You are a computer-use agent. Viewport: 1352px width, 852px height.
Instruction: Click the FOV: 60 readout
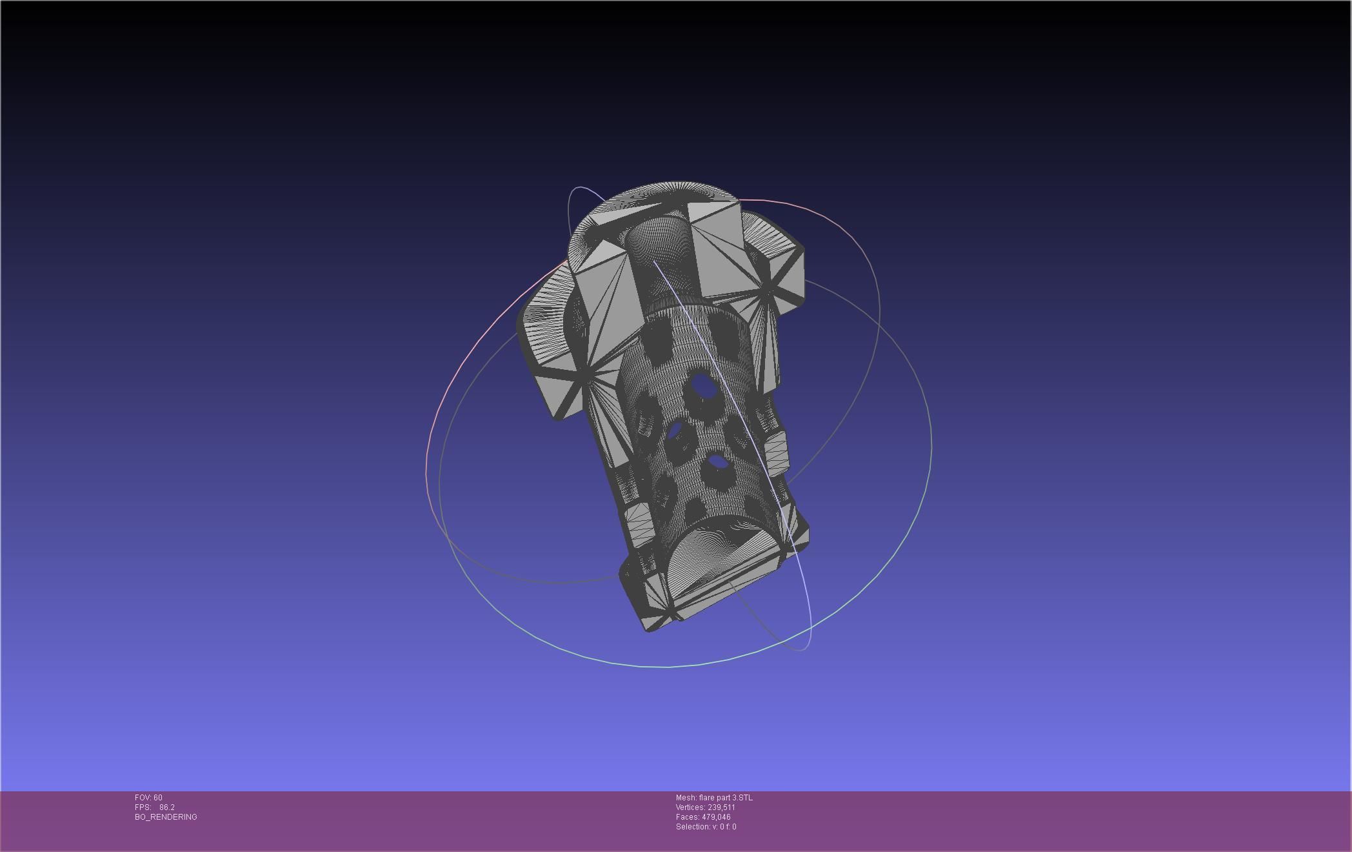pyautogui.click(x=148, y=798)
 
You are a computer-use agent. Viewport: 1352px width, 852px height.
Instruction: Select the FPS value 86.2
pyautogui.click(x=167, y=807)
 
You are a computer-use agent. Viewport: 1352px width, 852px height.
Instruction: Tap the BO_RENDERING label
pyautogui.click(x=166, y=817)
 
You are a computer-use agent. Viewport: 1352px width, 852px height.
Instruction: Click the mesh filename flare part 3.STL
pyautogui.click(x=726, y=798)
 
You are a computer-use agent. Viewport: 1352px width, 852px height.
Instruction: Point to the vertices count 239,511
pyautogui.click(x=721, y=807)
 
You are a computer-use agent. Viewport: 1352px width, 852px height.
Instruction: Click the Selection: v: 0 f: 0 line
pyautogui.click(x=706, y=827)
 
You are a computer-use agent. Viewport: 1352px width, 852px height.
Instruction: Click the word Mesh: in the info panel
pyautogui.click(x=686, y=798)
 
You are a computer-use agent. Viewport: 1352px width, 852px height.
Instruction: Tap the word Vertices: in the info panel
pyautogui.click(x=690, y=807)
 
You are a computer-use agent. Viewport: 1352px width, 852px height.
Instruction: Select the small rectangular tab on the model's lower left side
pyautogui.click(x=637, y=516)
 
